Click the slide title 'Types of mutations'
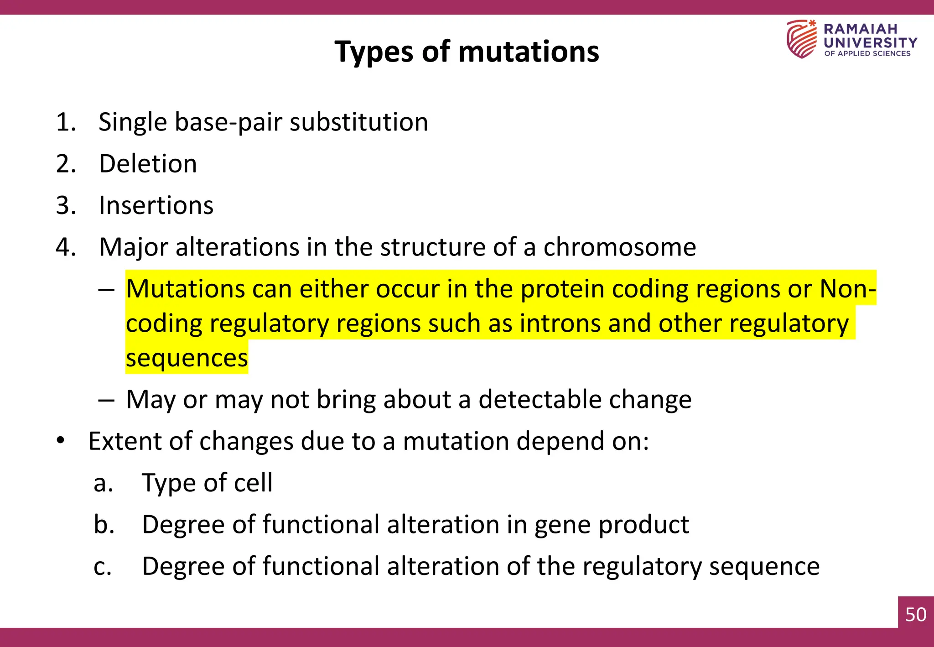click(x=467, y=52)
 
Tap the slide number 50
click(x=916, y=615)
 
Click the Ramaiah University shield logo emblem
click(x=801, y=39)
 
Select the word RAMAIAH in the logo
click(x=860, y=29)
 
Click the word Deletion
click(x=148, y=164)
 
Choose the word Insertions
click(x=156, y=205)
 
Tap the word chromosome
click(x=619, y=247)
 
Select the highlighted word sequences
click(x=187, y=358)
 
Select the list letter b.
click(x=104, y=525)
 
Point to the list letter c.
click(x=103, y=567)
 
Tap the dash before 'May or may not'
click(x=106, y=400)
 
